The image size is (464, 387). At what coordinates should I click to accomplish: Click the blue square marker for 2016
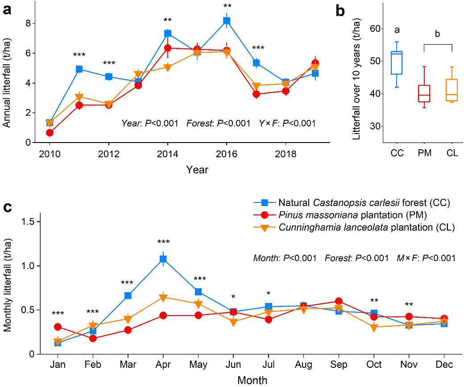227,21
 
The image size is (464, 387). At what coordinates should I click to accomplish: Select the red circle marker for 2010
50,133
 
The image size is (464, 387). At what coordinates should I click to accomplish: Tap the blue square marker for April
163,259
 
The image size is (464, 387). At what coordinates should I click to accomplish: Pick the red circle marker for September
339,301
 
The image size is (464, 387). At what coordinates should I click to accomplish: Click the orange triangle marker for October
374,328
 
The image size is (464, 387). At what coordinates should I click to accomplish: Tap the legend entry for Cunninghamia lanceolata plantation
366,227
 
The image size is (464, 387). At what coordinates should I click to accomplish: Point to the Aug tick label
304,365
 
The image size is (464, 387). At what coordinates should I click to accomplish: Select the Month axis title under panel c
253,380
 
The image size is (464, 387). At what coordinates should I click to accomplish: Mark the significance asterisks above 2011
79,55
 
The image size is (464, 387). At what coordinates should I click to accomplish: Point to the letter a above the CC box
396,30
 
